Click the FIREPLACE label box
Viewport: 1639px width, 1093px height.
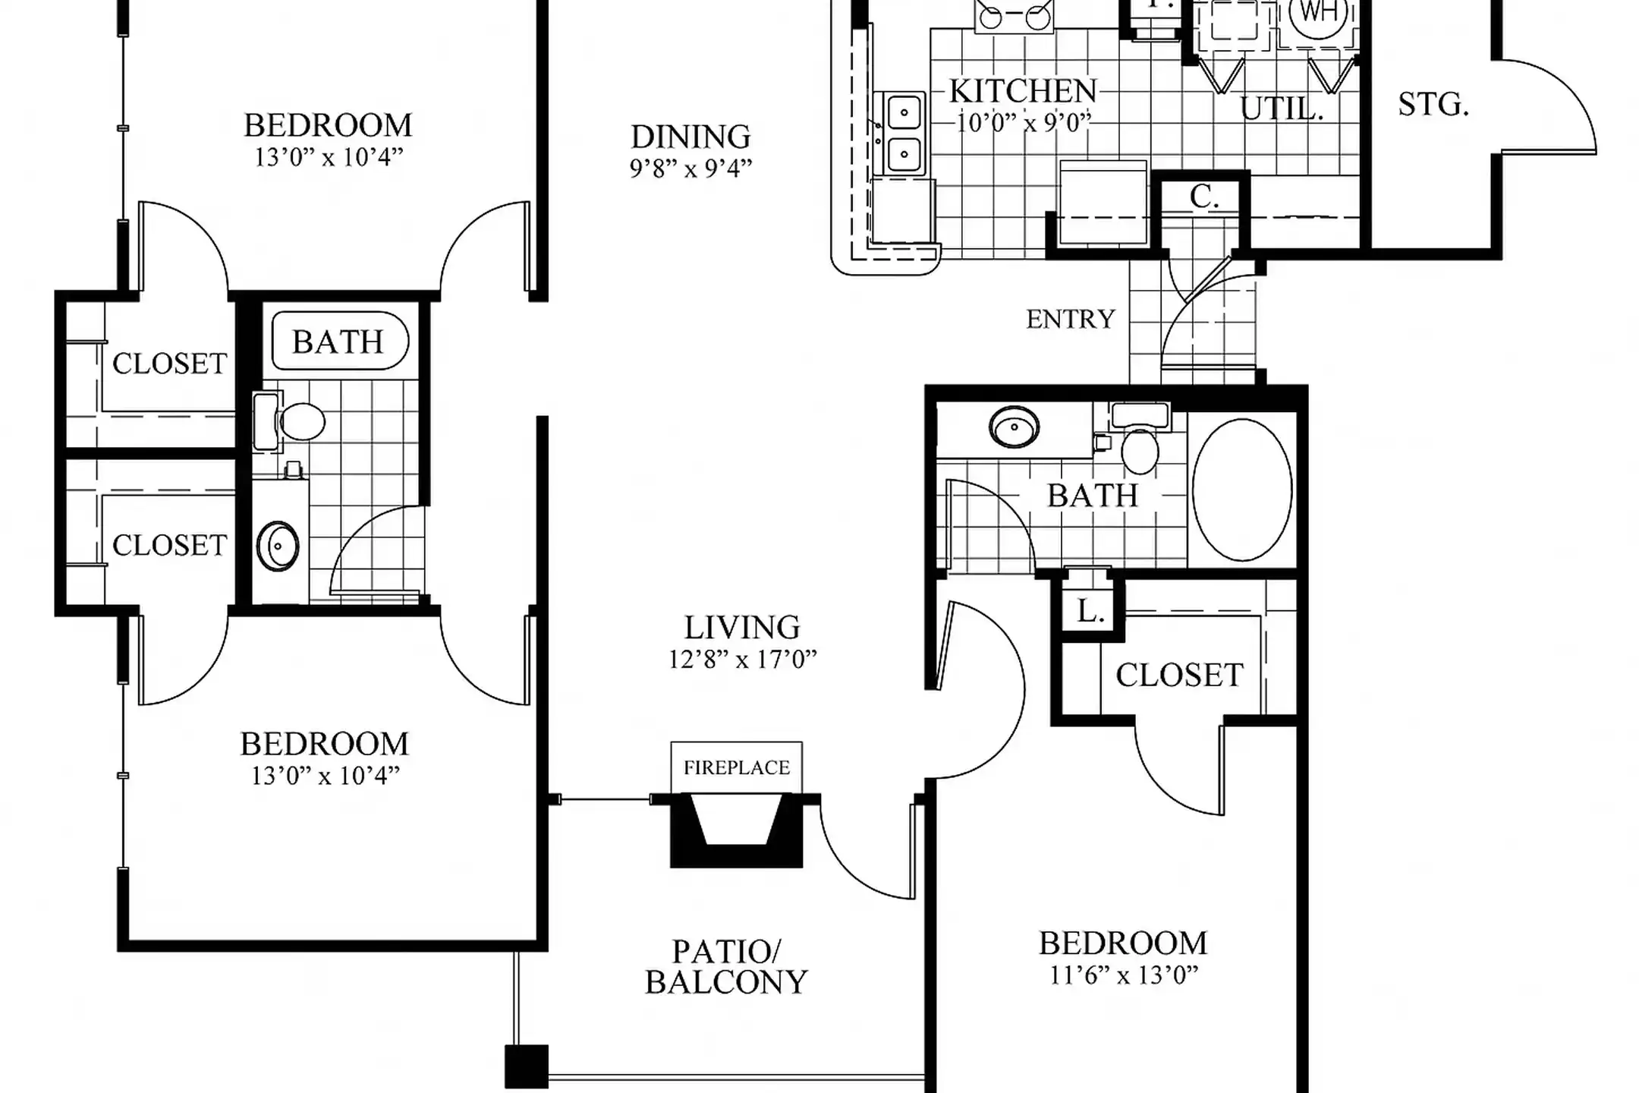(x=736, y=767)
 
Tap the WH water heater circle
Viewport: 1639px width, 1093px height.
(x=1318, y=13)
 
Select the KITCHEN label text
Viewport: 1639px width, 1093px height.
(x=1023, y=92)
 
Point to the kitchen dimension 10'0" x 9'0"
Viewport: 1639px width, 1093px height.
(x=1023, y=122)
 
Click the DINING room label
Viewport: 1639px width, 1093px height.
(x=691, y=137)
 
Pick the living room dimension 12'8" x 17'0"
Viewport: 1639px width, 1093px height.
(x=742, y=659)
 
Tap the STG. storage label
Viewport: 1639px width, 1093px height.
(x=1433, y=105)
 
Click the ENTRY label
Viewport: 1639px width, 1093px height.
(x=1071, y=319)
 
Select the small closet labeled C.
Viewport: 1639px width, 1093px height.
(x=1203, y=197)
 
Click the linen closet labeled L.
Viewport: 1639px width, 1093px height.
(x=1090, y=611)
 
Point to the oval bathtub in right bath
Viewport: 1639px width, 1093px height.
(x=1242, y=490)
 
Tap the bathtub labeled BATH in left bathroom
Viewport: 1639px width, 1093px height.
(x=339, y=341)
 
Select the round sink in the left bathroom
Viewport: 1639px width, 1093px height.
(x=278, y=546)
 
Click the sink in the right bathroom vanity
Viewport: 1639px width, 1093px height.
(x=1015, y=427)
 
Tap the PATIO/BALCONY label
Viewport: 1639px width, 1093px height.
(x=726, y=967)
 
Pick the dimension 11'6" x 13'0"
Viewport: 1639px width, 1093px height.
(x=1123, y=975)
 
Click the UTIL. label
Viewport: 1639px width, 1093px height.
(x=1282, y=109)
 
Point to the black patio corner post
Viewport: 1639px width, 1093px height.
(x=527, y=1066)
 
